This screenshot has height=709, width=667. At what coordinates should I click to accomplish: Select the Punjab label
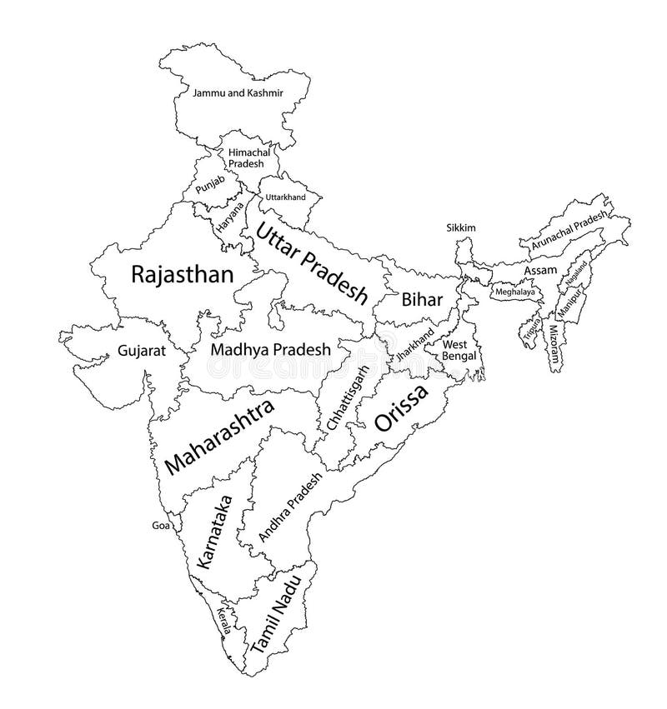click(x=210, y=187)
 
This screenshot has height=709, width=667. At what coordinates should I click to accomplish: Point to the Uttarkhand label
click(x=285, y=197)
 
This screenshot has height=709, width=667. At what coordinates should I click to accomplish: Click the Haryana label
click(x=228, y=216)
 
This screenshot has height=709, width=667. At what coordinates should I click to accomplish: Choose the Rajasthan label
click(x=182, y=276)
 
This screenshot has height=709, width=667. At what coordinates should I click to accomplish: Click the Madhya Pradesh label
click(x=271, y=350)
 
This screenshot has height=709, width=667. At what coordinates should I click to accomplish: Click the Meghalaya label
click(x=515, y=293)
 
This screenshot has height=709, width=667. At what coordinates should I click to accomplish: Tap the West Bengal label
click(x=459, y=350)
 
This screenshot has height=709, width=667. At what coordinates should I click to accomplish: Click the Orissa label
click(x=401, y=408)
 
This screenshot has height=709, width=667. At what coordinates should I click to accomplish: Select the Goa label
click(x=159, y=526)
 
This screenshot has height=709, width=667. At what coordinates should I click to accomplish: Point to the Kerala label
click(x=223, y=621)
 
